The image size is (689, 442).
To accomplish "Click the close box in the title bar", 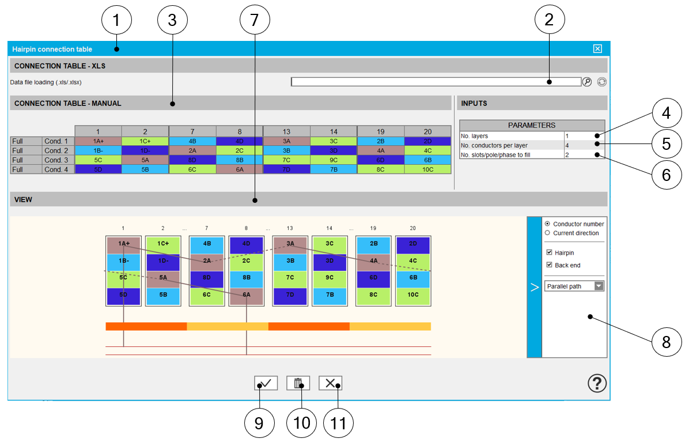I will (x=597, y=49).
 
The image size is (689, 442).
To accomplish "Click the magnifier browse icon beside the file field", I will (x=587, y=82).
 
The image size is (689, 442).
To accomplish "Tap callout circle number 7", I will (x=255, y=21).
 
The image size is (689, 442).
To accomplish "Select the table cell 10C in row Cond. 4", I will (x=427, y=169).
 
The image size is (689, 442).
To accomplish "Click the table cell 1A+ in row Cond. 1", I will (x=98, y=141).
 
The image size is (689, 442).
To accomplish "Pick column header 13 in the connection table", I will (x=286, y=132).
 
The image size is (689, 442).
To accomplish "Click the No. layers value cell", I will (x=584, y=136).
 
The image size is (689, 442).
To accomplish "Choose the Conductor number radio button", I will (x=547, y=224).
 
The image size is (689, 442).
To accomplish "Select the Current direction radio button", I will (x=547, y=233).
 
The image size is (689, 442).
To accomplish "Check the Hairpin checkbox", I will (x=549, y=252).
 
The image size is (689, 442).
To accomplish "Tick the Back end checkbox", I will (x=549, y=265).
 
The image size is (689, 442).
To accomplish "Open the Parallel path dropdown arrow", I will (x=599, y=286).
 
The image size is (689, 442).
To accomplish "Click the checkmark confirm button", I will (x=266, y=383).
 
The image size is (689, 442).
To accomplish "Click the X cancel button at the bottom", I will (x=330, y=383).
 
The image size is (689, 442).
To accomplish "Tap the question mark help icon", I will (x=597, y=383).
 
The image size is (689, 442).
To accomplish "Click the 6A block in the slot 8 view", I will (x=247, y=294).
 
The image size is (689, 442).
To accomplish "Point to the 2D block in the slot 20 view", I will (x=412, y=243).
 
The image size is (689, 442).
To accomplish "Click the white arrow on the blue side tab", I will (x=534, y=287).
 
